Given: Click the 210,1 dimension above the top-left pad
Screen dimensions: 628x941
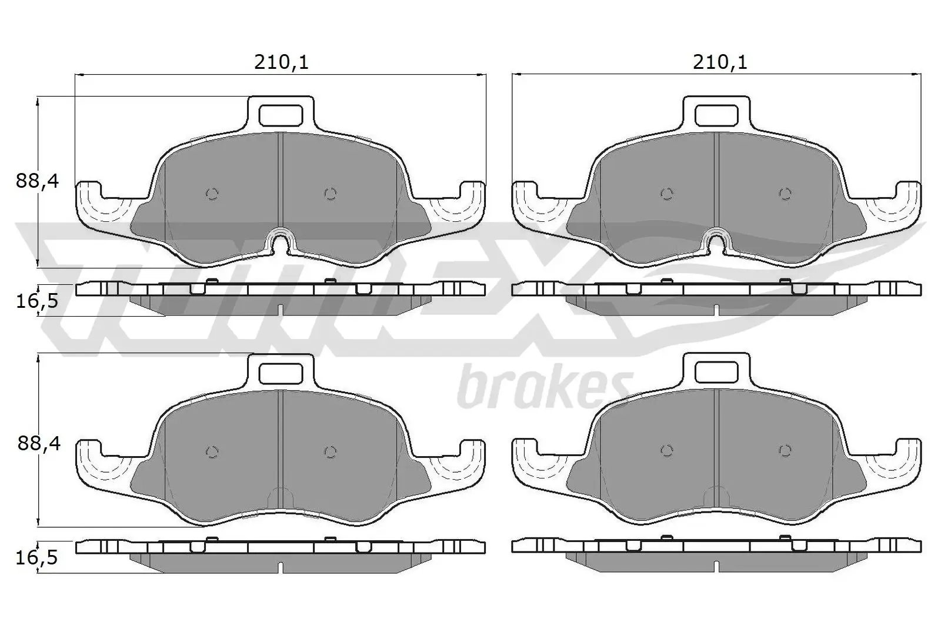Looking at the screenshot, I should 281,62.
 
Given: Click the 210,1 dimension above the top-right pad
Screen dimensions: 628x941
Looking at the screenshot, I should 719,62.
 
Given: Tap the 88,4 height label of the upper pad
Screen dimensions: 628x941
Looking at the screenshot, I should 38,181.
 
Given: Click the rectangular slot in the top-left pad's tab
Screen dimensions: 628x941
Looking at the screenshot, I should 281,115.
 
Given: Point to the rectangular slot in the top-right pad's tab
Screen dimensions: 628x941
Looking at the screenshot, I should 716,115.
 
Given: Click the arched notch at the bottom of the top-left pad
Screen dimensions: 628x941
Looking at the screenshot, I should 281,242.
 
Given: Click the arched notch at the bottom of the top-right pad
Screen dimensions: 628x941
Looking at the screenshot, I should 716,242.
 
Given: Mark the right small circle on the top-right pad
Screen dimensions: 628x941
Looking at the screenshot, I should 785,194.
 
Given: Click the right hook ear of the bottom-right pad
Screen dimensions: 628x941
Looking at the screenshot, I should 909,457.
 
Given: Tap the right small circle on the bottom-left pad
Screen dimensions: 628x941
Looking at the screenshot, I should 331,451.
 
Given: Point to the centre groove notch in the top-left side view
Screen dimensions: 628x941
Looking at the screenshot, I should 281,310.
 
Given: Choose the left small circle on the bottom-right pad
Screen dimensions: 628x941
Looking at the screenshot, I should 666,451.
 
